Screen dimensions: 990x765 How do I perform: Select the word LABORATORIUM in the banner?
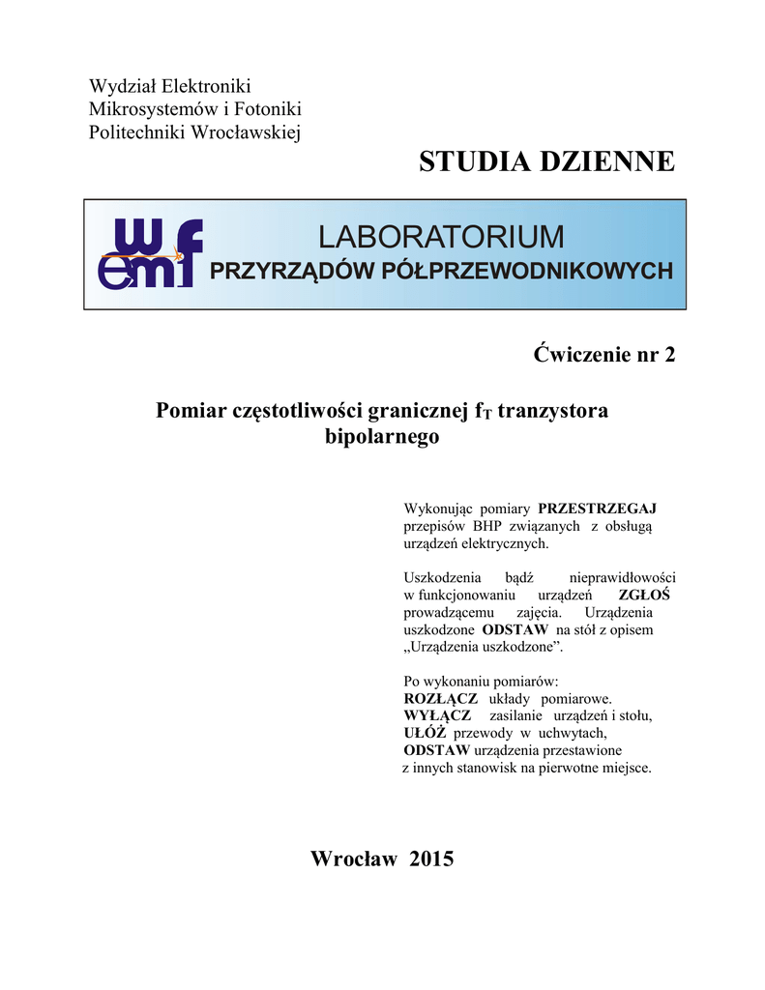point(441,237)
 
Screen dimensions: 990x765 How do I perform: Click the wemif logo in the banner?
point(151,253)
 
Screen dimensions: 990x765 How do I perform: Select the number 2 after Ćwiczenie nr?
point(669,354)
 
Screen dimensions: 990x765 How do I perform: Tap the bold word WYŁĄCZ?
point(437,715)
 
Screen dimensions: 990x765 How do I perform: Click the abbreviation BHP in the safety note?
point(488,526)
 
